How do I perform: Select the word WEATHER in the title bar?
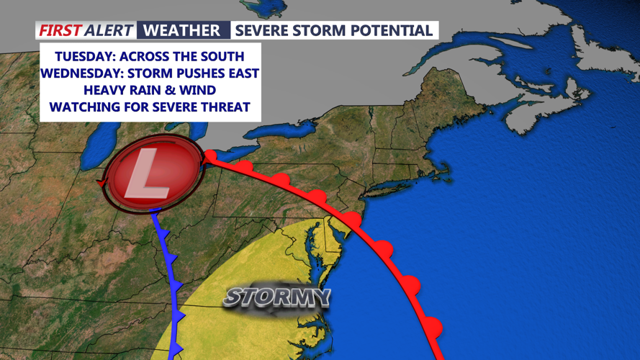click(181, 30)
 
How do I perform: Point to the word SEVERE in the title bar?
click(262, 30)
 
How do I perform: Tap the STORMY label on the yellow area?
click(277, 296)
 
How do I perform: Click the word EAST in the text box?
click(243, 73)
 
